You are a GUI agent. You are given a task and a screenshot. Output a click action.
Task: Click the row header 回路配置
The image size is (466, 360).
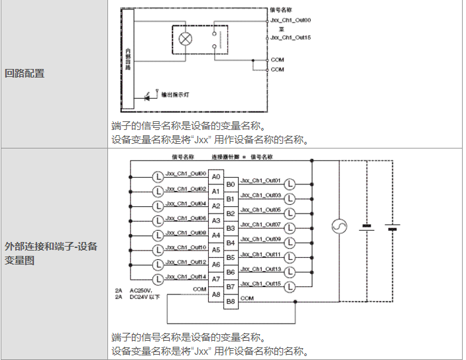pos(25,74)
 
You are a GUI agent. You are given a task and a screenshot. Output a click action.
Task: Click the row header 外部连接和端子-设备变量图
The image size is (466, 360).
pos(51,253)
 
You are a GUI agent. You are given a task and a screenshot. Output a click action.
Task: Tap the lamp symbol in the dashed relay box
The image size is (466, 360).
pos(186,38)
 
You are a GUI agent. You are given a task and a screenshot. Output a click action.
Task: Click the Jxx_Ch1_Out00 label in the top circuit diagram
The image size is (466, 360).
pos(291,21)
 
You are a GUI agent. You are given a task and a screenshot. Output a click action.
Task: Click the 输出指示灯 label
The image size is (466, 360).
pos(175,95)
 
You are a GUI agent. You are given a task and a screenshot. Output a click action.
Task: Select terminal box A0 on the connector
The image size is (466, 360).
pos(216,177)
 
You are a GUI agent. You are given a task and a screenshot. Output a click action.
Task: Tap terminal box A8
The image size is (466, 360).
pos(216,294)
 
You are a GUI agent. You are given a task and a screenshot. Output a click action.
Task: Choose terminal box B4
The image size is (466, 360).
pos(231,243)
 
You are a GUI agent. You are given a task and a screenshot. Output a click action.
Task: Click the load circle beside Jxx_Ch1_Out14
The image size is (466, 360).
pos(158,279)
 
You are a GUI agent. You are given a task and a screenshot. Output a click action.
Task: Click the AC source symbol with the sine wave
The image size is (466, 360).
pos(339,227)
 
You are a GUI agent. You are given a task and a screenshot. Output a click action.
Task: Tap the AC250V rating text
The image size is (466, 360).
pos(141,290)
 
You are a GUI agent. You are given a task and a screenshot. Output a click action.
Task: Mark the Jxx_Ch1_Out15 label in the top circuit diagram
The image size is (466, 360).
pos(291,38)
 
